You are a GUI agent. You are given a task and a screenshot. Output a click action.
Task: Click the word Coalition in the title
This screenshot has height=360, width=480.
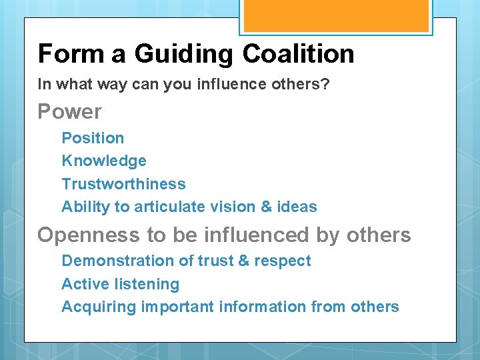pos(298,54)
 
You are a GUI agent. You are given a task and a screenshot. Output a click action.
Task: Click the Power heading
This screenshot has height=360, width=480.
pos(69,111)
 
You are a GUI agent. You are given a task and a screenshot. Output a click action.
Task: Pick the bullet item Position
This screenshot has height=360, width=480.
pos(93,138)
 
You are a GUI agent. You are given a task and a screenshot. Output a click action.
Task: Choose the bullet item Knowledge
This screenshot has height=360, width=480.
pos(104,161)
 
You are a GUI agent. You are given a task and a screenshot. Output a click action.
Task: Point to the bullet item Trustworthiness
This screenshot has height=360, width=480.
pos(123,183)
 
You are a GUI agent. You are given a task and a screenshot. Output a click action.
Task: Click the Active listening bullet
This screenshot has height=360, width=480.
pos(121,284)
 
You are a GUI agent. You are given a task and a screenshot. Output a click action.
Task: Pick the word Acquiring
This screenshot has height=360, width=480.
pos(99,307)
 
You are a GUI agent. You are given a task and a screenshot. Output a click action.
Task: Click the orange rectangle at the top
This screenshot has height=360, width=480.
pos(336,15)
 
